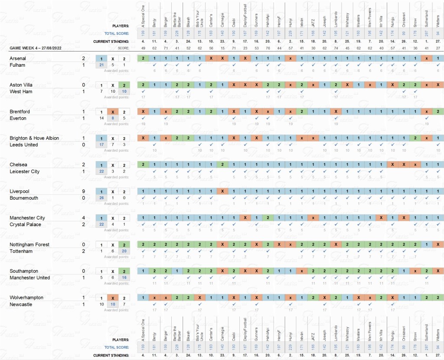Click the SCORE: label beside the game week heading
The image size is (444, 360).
123,48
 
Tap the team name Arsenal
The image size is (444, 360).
18,58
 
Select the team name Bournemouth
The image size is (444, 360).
24,198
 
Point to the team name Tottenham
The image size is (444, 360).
21,251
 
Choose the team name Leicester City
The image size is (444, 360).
24,172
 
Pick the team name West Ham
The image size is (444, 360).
20,92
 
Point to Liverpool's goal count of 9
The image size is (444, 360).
83,191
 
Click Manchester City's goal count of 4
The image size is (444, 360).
83,218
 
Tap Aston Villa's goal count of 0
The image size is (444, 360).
83,85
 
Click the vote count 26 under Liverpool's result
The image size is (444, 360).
101,198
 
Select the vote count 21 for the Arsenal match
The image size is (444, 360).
101,65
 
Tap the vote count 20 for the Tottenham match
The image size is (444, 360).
124,252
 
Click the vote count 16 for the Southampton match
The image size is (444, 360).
124,278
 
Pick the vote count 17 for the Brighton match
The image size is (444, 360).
101,145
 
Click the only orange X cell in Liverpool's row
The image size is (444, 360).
222,191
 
